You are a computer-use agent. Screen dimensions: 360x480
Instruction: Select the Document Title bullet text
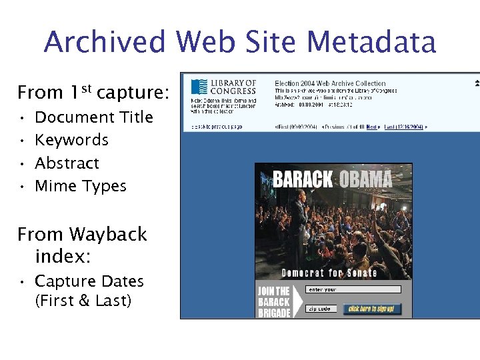(93, 117)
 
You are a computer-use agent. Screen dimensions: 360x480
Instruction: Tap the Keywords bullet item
(71, 140)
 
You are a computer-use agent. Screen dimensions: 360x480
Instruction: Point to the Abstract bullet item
(67, 163)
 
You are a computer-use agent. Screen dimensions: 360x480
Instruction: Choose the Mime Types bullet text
(80, 186)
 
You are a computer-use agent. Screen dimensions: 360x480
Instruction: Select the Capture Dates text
(89, 281)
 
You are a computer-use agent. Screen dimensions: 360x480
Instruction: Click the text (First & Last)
(83, 301)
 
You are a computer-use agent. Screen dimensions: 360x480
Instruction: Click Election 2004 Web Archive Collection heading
(330, 83)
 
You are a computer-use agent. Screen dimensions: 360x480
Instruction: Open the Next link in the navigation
(372, 126)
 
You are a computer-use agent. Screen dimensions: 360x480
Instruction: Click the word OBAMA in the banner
(366, 179)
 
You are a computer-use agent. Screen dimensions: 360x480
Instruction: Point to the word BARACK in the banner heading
(303, 179)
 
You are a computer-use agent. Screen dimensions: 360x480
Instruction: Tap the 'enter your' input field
(353, 290)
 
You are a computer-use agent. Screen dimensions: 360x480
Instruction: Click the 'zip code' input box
(322, 309)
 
